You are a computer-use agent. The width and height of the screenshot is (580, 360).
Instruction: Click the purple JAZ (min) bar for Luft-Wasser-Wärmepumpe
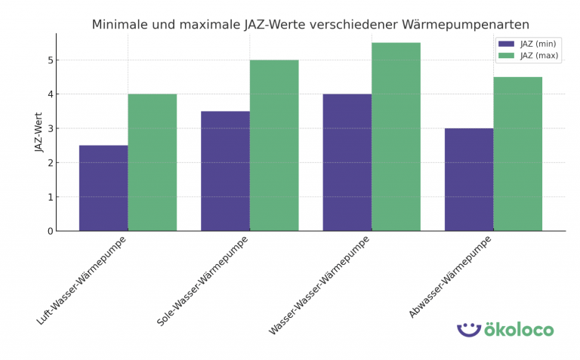(x=103, y=188)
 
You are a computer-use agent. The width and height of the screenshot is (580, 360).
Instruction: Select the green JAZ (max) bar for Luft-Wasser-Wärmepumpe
(x=152, y=162)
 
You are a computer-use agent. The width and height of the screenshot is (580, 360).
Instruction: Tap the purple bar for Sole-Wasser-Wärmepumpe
(x=225, y=171)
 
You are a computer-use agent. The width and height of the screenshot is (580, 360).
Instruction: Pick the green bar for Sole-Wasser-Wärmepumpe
(x=274, y=145)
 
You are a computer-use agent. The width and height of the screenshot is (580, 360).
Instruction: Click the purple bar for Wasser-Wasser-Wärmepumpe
(x=347, y=162)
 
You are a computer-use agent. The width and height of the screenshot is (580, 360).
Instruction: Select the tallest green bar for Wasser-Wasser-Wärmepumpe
(x=396, y=137)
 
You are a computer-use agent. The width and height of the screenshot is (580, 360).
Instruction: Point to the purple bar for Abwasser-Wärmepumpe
(x=468, y=180)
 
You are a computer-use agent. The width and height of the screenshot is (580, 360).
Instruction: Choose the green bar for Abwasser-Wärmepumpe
(x=517, y=154)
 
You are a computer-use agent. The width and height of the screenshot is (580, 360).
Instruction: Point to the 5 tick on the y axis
(x=50, y=60)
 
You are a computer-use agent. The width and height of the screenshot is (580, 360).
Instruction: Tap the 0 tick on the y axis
(x=50, y=231)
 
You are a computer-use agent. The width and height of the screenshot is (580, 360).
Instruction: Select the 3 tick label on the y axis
(x=50, y=129)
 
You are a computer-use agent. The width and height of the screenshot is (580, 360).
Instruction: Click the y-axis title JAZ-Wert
(x=39, y=132)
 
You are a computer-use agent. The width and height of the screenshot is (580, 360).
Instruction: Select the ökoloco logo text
(x=519, y=330)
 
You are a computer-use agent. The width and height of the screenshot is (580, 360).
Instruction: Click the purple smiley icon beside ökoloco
(x=469, y=330)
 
